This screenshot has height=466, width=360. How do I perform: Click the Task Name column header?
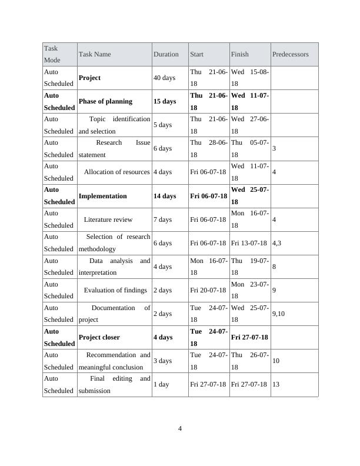pos(94,54)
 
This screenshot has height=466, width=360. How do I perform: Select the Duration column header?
pos(166,54)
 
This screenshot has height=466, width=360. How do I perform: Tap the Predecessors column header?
pos(290,54)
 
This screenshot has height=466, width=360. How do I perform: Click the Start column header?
pos(196,54)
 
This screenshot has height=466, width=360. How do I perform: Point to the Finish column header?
pos(239,54)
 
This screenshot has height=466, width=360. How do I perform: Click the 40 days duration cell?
pos(164,78)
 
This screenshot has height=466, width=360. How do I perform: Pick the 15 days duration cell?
pos(165,101)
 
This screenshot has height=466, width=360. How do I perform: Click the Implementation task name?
pos(102,196)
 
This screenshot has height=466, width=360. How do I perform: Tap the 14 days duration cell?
pos(165,196)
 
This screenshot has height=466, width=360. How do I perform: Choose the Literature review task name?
pos(108,219)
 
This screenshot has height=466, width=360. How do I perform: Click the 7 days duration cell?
pos(162,219)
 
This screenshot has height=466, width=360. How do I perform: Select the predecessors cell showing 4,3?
pos(277,243)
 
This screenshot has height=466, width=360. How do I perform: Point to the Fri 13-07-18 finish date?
pos(249,243)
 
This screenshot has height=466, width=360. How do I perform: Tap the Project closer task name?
pos(99,337)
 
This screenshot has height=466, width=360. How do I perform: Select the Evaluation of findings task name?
pos(115,290)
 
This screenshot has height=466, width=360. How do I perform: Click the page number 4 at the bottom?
pos(180,428)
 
